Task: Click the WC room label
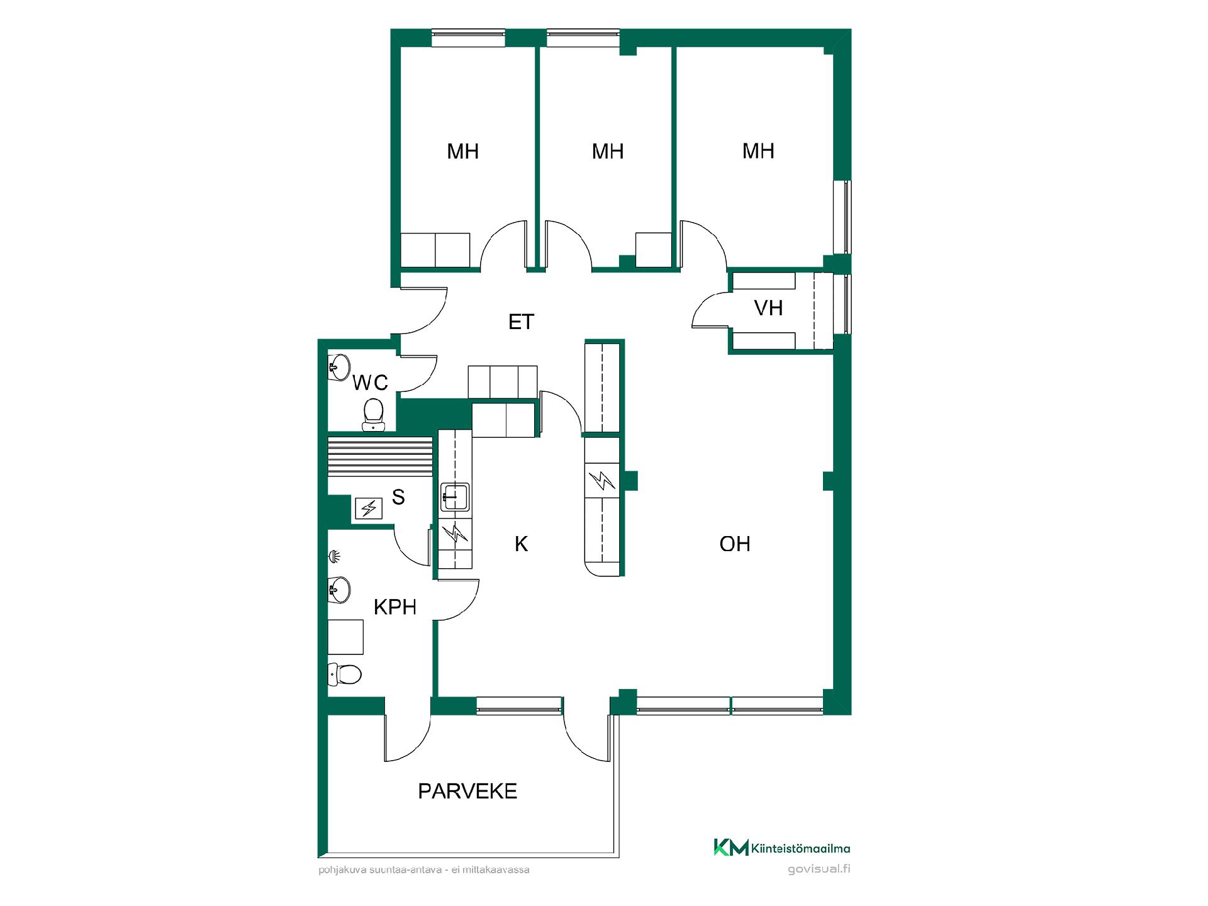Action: [370, 383]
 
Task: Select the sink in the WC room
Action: [339, 366]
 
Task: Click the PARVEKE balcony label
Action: [467, 791]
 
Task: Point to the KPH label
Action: [395, 607]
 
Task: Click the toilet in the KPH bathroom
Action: [345, 674]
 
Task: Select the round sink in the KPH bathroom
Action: [339, 590]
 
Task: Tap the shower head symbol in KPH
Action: [335, 556]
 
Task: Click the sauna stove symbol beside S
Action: [369, 508]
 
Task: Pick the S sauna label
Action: [398, 498]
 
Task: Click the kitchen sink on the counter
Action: [454, 496]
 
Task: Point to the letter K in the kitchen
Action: [521, 544]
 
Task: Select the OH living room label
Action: [735, 544]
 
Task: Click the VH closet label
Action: [768, 308]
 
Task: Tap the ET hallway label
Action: [521, 322]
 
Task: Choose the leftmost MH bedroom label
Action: [463, 152]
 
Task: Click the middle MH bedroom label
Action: [608, 152]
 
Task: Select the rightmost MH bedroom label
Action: [758, 151]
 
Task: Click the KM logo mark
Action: [731, 847]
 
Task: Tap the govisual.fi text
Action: [819, 870]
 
